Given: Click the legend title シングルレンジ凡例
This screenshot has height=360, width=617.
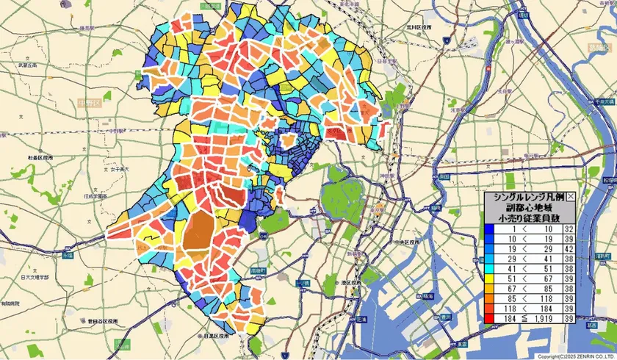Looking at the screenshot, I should pyautogui.click(x=524, y=198).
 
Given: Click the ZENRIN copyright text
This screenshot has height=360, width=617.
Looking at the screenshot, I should pyautogui.click(x=575, y=356).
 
